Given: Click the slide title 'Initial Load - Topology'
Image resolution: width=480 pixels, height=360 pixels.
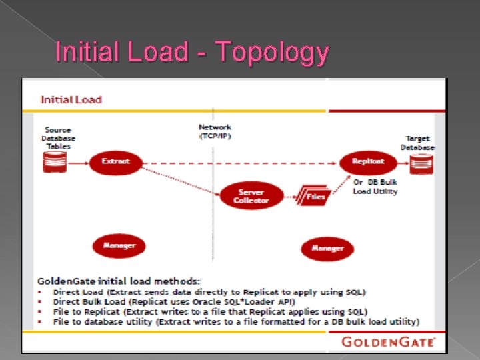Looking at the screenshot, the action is (192, 52).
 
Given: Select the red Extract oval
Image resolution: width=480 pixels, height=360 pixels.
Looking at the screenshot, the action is (115, 161).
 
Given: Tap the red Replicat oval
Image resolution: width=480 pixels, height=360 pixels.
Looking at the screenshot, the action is (368, 161).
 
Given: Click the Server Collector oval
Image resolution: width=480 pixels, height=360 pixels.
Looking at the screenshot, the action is (251, 196).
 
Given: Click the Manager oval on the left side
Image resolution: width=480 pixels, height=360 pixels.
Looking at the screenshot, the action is (119, 246).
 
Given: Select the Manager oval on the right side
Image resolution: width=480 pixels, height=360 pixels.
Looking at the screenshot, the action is (327, 248).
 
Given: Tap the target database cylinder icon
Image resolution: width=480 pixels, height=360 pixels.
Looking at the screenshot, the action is (421, 163).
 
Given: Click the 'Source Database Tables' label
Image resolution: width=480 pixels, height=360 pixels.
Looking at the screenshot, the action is (58, 137).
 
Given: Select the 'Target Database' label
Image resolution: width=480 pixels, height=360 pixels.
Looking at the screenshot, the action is (418, 143).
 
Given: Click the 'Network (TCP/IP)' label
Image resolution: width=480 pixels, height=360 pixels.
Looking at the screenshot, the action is (215, 131).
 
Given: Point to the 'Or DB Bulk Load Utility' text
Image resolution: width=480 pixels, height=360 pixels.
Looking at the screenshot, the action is (375, 187).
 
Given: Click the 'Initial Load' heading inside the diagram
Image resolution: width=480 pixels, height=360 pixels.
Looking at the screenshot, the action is (71, 100).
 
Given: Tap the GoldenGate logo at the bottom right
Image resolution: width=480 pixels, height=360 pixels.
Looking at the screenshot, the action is (389, 342).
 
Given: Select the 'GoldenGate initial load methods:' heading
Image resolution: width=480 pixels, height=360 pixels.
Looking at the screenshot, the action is (119, 281).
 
